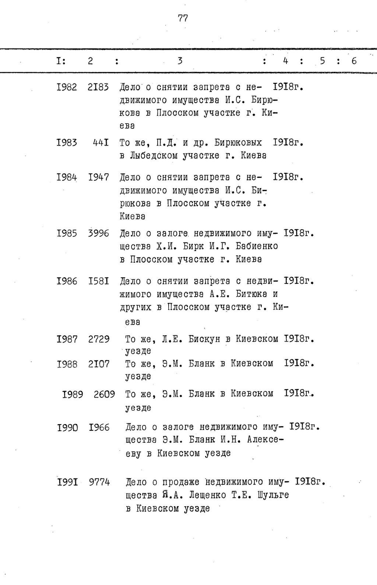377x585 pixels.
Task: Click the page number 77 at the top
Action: (x=183, y=18)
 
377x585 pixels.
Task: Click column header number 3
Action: (x=180, y=61)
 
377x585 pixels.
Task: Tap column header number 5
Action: (x=323, y=61)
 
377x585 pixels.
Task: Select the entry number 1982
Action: (x=67, y=87)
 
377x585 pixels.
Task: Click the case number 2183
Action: (x=98, y=87)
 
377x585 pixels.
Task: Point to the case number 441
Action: (x=101, y=142)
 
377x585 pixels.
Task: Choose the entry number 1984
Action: (x=67, y=177)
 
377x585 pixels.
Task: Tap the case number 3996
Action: (x=98, y=233)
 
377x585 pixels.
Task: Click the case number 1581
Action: (x=98, y=282)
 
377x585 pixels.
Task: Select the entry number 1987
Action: (x=67, y=339)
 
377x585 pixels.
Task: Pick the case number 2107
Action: (x=99, y=364)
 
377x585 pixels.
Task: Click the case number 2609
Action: (x=104, y=394)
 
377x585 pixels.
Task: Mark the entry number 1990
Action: (x=67, y=427)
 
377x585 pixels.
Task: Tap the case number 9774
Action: (x=99, y=482)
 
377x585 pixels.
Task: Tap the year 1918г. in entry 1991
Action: (x=311, y=482)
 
